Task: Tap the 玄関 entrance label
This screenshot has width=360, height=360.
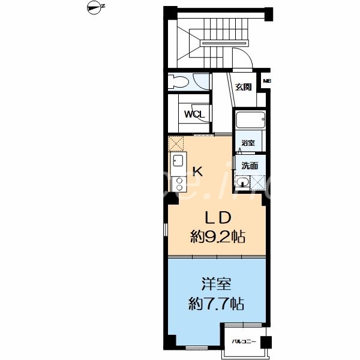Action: tap(242, 86)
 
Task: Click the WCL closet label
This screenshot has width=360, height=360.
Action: tap(194, 114)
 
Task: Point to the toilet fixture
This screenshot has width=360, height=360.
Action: tap(179, 82)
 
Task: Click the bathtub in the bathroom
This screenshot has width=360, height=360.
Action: tap(249, 120)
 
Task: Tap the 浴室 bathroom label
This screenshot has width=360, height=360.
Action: tap(248, 143)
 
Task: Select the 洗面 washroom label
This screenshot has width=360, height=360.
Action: tap(250, 165)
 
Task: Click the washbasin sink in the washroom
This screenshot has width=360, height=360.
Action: tap(243, 182)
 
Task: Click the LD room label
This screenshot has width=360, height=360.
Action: tap(219, 217)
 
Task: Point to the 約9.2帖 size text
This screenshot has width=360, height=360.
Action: tap(218, 236)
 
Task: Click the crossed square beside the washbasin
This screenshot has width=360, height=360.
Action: tap(259, 182)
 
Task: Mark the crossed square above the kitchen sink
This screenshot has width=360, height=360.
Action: tap(176, 144)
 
